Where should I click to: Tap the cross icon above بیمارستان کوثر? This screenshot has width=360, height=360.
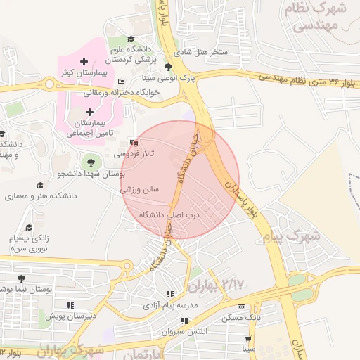pyautogui.click(x=84, y=62)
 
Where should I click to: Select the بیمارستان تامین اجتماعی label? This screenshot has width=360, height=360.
pyautogui.click(x=89, y=127)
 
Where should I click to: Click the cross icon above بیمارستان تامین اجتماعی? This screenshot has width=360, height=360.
pyautogui.click(x=89, y=112)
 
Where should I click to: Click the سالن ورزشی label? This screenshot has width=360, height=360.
pyautogui.click(x=140, y=189)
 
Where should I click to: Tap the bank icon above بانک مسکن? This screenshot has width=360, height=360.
pyautogui.click(x=242, y=307)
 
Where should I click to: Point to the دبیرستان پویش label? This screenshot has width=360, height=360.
pyautogui.click(x=70, y=316)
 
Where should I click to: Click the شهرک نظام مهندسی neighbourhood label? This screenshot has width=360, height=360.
pyautogui.click(x=315, y=18)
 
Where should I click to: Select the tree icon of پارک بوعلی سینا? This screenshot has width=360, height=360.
pyautogui.click(x=167, y=67)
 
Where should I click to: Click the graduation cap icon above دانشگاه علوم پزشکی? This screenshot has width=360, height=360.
pyautogui.click(x=130, y=39)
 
